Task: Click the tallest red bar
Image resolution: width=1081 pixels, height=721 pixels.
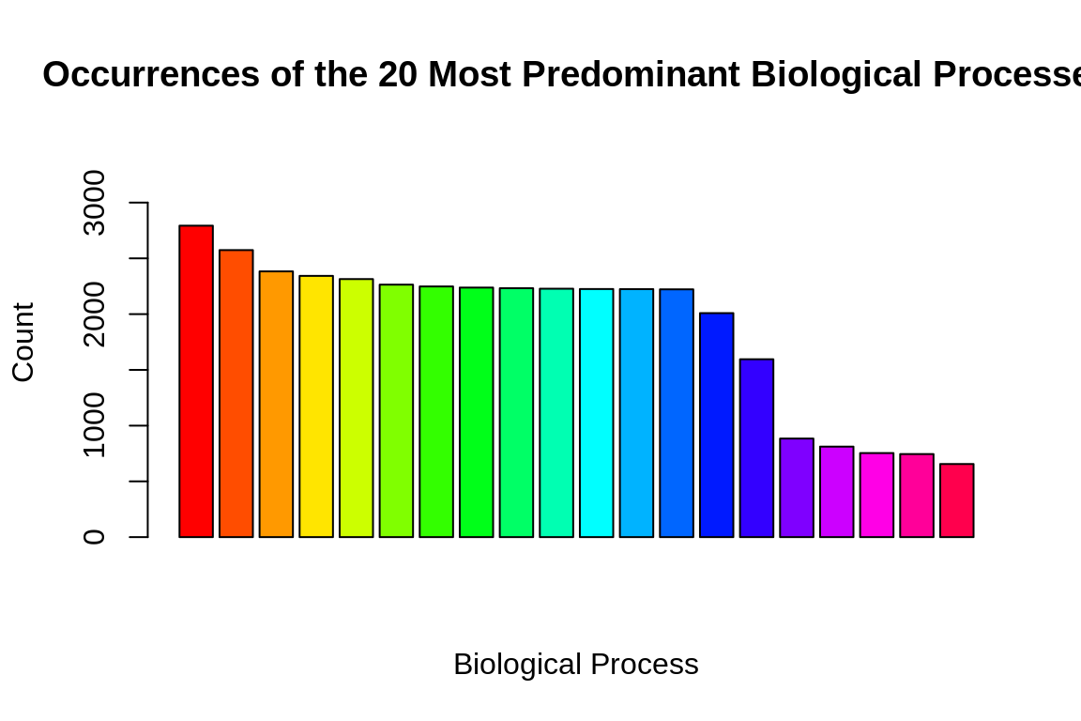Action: tap(196, 381)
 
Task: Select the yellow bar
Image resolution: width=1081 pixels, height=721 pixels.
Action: tap(316, 407)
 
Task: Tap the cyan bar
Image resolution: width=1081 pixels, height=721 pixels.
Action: tap(596, 413)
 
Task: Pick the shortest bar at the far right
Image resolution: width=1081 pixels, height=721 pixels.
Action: tap(956, 500)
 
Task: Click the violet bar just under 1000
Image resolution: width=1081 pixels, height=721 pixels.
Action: tap(797, 488)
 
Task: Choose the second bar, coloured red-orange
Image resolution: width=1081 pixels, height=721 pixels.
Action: tap(236, 393)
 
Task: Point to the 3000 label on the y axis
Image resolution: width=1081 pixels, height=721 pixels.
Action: tap(95, 203)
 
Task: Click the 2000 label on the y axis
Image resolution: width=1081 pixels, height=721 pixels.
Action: tap(95, 314)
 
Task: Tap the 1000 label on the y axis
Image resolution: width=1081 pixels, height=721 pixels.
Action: tap(95, 426)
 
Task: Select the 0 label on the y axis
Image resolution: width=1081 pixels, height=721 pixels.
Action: tap(95, 537)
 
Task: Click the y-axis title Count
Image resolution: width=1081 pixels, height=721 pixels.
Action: tap(23, 342)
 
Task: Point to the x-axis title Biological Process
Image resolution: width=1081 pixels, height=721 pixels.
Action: tap(575, 665)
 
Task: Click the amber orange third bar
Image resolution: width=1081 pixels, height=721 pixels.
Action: tap(276, 405)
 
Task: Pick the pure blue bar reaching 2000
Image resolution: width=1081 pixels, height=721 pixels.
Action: tap(717, 425)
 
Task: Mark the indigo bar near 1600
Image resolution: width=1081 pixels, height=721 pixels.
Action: tap(756, 448)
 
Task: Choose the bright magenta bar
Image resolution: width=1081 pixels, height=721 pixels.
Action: tap(876, 495)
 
